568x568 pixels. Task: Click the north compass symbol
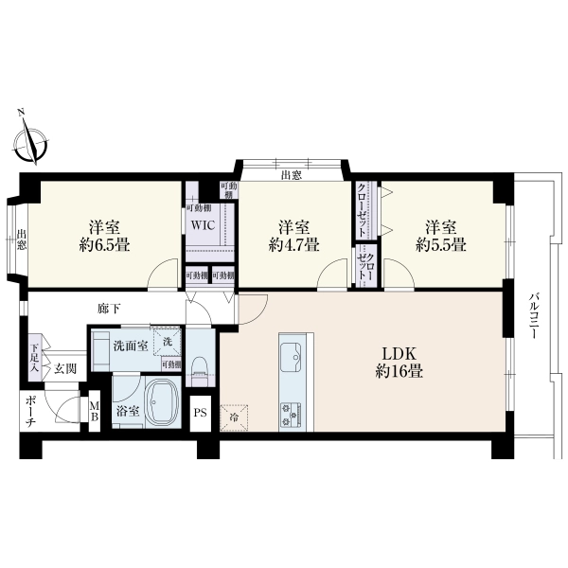[x=30, y=141]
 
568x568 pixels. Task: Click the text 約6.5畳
[x=105, y=246]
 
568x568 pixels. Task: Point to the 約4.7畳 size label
[x=293, y=246]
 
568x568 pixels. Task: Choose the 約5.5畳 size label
[x=441, y=246]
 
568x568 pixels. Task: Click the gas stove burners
[x=291, y=414]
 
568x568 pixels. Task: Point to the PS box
[x=200, y=414]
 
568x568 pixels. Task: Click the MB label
[x=94, y=411]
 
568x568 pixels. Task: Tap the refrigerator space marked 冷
[x=234, y=418]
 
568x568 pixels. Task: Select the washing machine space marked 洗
[x=167, y=341]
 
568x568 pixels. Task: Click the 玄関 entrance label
[x=65, y=369]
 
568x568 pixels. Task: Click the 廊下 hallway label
[x=109, y=309]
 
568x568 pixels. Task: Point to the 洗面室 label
[x=131, y=346]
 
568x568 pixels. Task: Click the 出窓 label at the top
[x=292, y=176]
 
